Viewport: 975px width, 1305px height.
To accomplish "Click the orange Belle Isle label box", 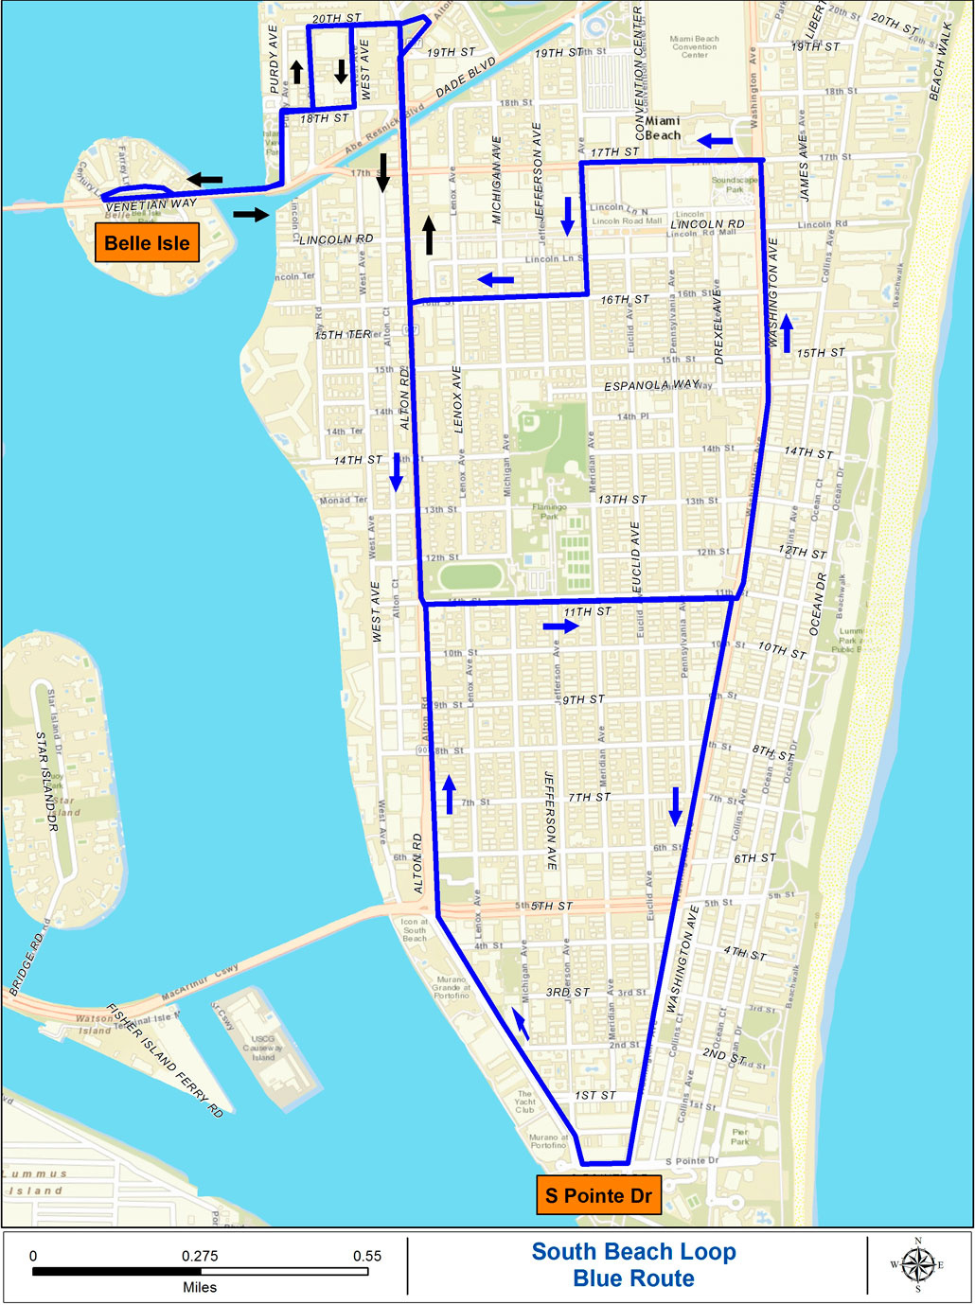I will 147,243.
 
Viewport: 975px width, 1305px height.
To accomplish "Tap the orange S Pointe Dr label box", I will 598,1195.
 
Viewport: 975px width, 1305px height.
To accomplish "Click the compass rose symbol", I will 917,1265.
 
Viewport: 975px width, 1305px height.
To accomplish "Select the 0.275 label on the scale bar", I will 200,1256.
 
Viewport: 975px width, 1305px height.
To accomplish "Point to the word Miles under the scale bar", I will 200,1287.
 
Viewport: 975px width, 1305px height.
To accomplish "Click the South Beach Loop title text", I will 633,1252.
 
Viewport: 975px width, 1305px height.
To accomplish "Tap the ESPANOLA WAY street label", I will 652,385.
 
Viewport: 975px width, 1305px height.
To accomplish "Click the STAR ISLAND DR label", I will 47,781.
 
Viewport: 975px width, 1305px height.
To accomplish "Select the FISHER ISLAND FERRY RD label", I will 165,1060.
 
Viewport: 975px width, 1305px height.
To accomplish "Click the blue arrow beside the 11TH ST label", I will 560,626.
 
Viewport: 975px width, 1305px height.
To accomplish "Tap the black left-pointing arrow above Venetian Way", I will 204,179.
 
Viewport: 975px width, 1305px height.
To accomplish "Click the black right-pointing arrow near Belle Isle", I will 251,215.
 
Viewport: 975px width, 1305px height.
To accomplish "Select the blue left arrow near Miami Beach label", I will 715,141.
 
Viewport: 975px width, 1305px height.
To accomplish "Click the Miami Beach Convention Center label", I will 694,46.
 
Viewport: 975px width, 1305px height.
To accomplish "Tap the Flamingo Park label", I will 549,512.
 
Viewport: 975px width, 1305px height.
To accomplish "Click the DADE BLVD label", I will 466,77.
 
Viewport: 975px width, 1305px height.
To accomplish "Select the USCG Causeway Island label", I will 262,1048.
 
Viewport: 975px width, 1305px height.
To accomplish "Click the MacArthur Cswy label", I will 200,983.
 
